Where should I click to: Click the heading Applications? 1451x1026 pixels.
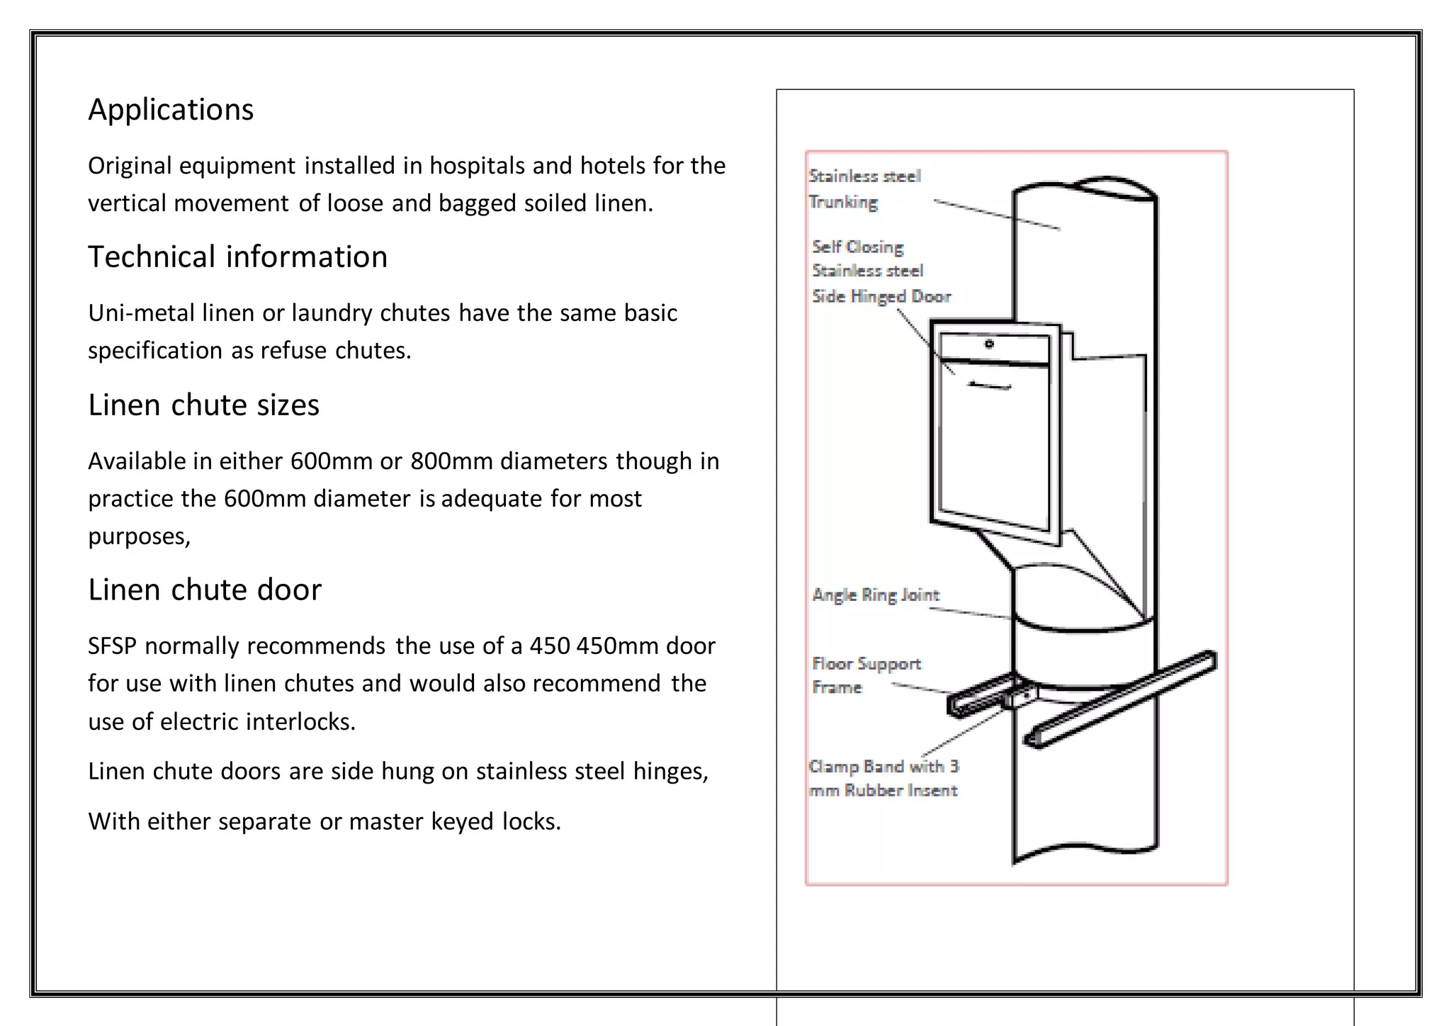pyautogui.click(x=170, y=110)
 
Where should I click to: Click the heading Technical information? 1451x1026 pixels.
pyautogui.click(x=237, y=257)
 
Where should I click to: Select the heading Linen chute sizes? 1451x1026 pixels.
pyautogui.click(x=203, y=405)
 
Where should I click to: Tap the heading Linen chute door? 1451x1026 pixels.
pyautogui.click(x=205, y=590)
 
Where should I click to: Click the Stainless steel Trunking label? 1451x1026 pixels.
pyautogui.click(x=864, y=188)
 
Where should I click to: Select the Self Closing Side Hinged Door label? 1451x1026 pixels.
pyautogui.click(x=881, y=271)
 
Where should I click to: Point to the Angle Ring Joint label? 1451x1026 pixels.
pyautogui.click(x=876, y=594)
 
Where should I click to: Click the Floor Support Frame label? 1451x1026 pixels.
pyautogui.click(x=866, y=675)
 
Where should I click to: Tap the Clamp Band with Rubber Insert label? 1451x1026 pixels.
pyautogui.click(x=883, y=778)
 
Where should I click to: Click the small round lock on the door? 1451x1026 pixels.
pyautogui.click(x=989, y=344)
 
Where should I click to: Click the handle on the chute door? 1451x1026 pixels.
pyautogui.click(x=990, y=385)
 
